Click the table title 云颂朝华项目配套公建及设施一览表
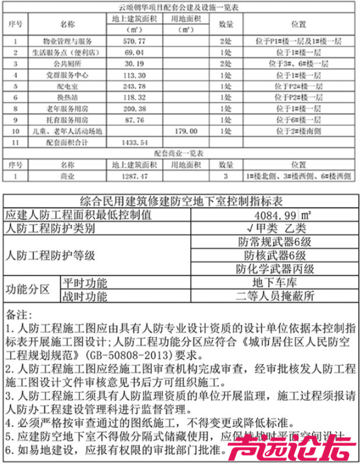tap(179, 7)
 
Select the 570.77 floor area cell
tap(135, 41)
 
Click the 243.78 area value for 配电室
tap(135, 86)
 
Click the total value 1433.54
tap(135, 142)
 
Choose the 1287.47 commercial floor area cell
tap(135, 176)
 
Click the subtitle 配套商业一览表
tap(179, 153)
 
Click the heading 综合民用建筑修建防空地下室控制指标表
tap(179, 201)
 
